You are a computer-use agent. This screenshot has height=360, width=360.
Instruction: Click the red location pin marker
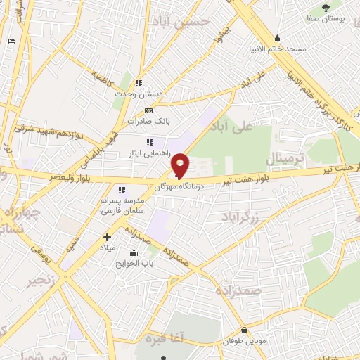click(181, 165)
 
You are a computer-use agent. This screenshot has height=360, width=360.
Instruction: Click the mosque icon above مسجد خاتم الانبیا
click(277, 39)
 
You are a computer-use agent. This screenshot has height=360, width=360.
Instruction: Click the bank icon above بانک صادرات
click(148, 111)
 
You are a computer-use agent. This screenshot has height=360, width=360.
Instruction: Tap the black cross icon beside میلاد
click(107, 237)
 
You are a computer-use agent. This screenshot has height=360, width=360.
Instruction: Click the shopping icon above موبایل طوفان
click(244, 330)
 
